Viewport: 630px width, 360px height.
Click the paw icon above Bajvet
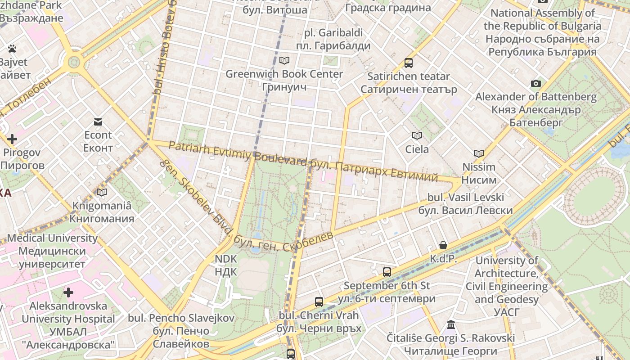coord(12,48)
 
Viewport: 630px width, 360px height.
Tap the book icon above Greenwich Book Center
coord(284,60)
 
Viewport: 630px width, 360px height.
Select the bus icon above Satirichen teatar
coord(409,63)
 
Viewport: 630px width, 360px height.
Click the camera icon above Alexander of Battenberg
coord(535,83)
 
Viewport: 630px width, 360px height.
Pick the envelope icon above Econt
coord(98,121)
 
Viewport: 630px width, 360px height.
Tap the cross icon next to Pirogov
coord(12,139)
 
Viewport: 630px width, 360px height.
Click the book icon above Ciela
coord(417,135)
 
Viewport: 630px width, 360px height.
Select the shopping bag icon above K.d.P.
coord(443,245)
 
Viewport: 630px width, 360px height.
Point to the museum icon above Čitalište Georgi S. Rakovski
coord(451,325)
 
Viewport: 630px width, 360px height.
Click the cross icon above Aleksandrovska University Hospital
coord(68,293)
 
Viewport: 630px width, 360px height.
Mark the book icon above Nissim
coord(479,153)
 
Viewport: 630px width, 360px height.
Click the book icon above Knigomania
coord(102,193)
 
